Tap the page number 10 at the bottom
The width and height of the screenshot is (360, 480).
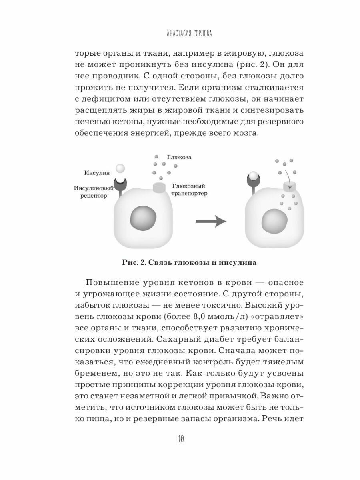pos(180,439)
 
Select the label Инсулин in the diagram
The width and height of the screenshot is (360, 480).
pos(97,173)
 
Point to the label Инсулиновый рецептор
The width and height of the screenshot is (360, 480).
pos(93,192)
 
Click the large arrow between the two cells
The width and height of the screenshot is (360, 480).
pos(211,220)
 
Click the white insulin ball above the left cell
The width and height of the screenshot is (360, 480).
pos(120,168)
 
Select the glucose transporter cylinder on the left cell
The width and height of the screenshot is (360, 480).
pos(159,187)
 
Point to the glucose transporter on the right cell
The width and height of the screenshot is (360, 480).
pos(289,186)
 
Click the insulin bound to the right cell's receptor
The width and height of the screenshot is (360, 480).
pos(253,176)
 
